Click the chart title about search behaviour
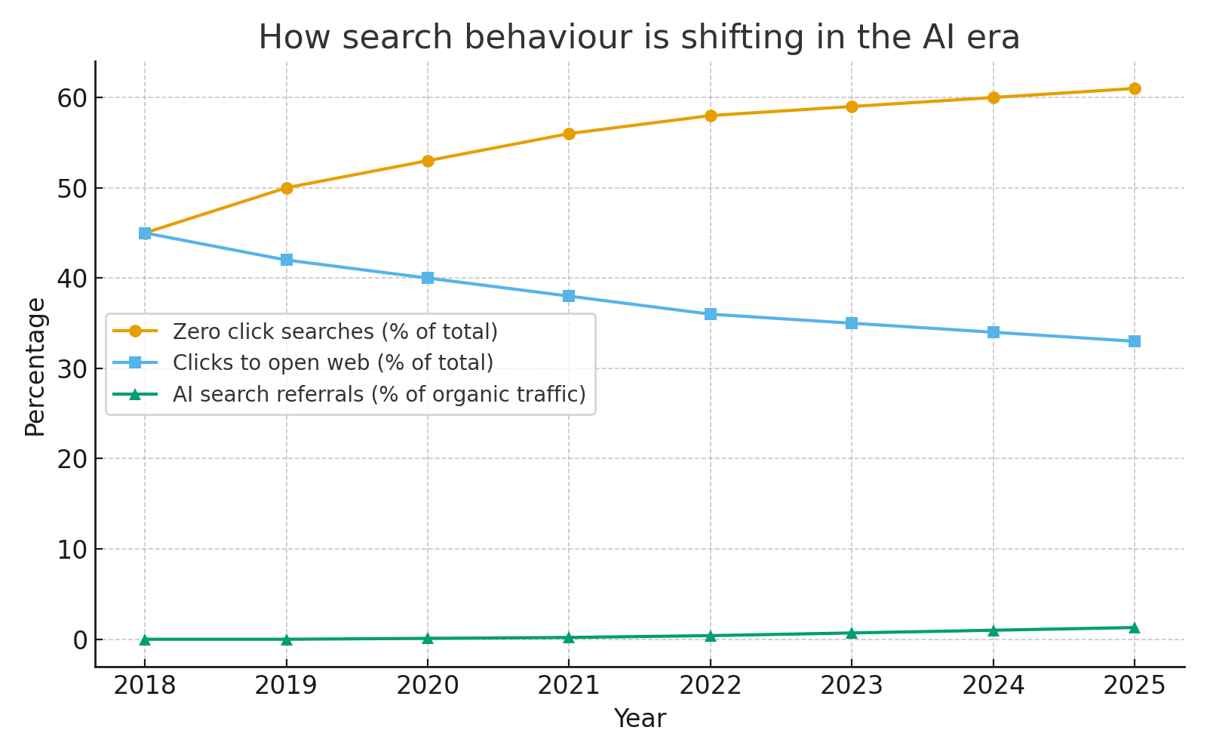[x=639, y=38]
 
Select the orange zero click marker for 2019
[x=287, y=188]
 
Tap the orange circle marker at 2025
[x=1134, y=88]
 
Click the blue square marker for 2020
[x=428, y=278]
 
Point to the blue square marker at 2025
[x=1134, y=341]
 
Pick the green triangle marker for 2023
[x=852, y=633]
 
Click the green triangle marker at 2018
[x=145, y=639]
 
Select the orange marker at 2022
[x=711, y=116]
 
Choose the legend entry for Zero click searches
[x=335, y=331]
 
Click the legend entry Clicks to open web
[x=333, y=363]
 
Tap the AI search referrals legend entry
[x=379, y=394]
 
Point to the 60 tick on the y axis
[x=72, y=98]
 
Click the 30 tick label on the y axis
[x=72, y=369]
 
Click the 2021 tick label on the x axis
[x=569, y=686]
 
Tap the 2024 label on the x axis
[x=993, y=686]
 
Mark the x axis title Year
[x=639, y=719]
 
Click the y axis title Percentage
[x=35, y=367]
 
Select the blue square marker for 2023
[x=852, y=323]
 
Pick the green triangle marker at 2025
[x=1134, y=627]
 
